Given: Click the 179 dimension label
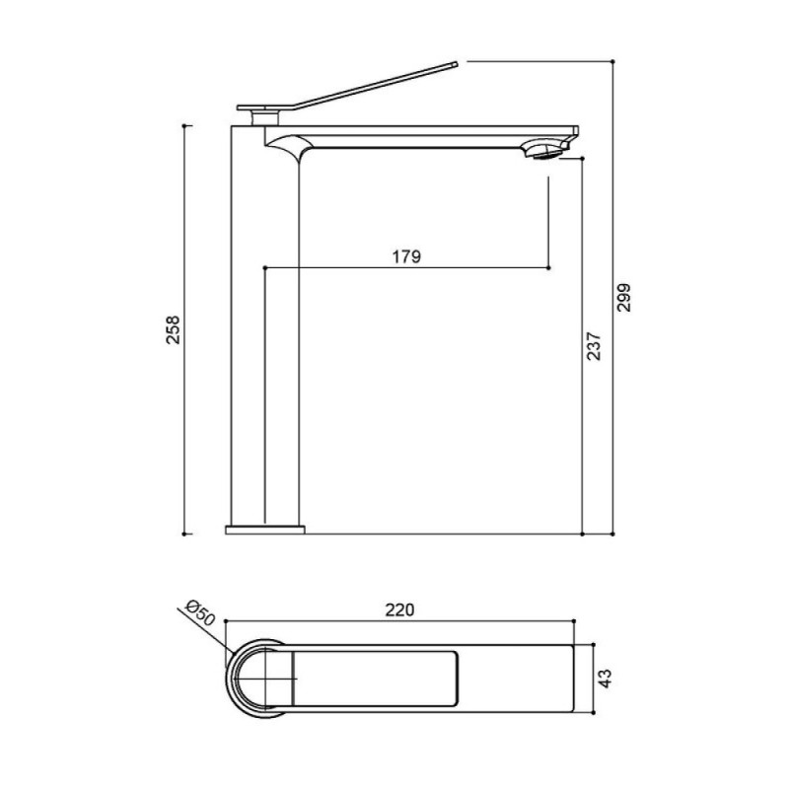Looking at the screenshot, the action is coord(406,256).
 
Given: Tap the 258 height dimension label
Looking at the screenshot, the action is coord(174,329).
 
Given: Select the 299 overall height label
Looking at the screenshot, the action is coord(624,298).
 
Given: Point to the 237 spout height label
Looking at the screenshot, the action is coord(594,346).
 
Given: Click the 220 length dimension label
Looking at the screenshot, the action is coord(400,610).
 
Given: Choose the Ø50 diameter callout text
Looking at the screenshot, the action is coord(200,612).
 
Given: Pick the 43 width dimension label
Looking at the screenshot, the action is coord(606,679).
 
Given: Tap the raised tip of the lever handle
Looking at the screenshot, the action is coord(456,64).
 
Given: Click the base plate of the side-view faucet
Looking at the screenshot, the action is coord(265,530).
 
